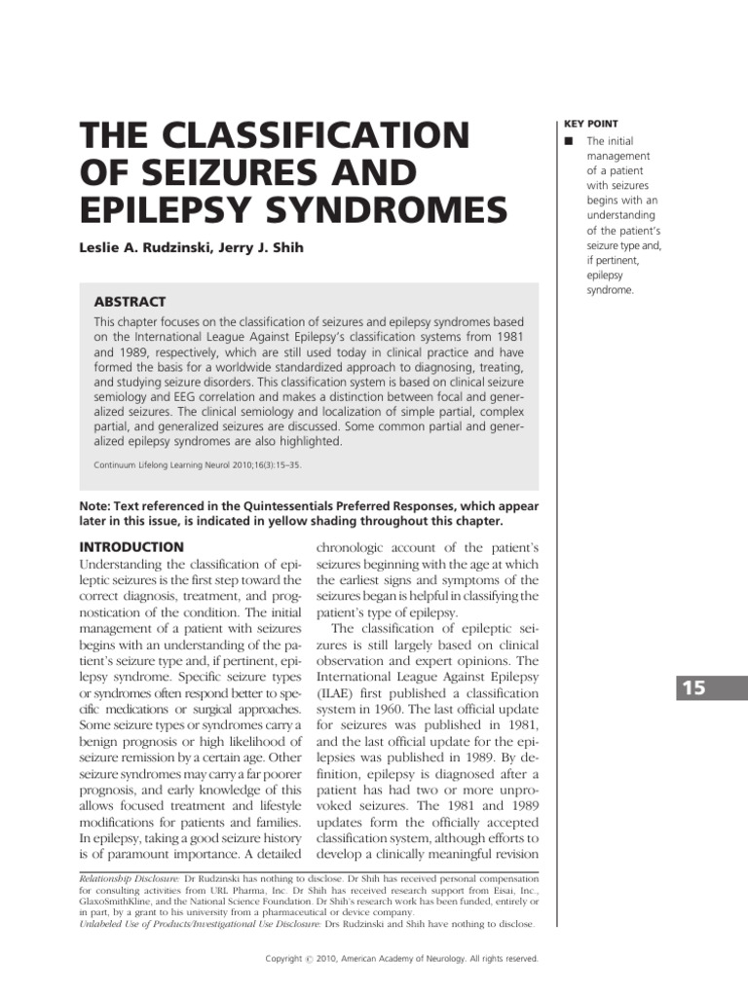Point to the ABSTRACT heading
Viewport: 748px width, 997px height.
[130, 302]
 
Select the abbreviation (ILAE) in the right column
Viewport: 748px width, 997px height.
[336, 692]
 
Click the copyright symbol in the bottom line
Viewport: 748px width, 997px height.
[308, 959]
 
